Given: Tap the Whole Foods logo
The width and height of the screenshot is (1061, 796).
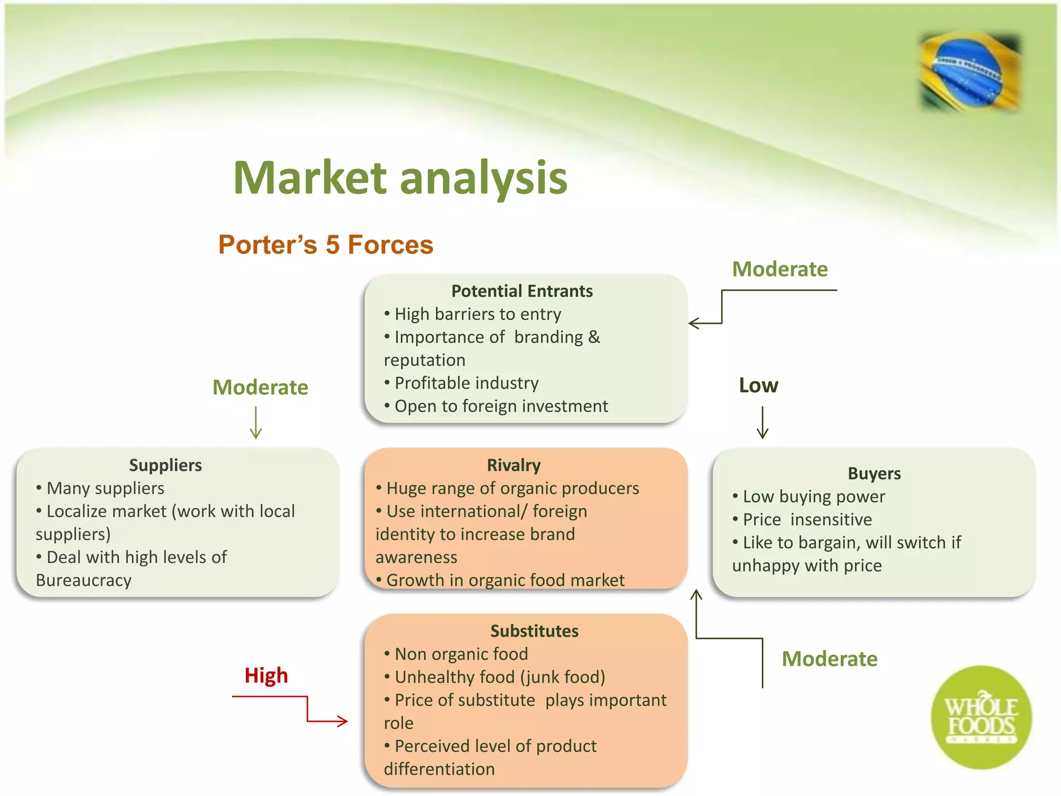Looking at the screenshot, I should click(981, 718).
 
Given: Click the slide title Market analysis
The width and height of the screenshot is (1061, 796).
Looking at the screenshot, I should click(400, 178).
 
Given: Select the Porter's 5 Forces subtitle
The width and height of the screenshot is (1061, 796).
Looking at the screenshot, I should click(325, 245).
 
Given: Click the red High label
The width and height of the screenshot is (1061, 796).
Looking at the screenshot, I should click(266, 675).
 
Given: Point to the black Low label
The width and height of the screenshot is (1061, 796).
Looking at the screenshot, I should click(758, 386).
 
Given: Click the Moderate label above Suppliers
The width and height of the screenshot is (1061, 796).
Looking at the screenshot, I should click(260, 387).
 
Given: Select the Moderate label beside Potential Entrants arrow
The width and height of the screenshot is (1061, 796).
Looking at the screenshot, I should click(780, 269).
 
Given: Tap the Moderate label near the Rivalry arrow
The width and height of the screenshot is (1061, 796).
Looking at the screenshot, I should click(829, 659).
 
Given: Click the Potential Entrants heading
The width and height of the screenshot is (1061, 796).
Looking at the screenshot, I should click(522, 291).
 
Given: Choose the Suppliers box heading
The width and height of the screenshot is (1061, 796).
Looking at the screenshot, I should click(165, 465).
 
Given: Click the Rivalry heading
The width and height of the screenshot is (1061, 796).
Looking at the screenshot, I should click(513, 465).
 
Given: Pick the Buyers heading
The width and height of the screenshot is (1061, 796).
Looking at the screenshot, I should click(874, 473).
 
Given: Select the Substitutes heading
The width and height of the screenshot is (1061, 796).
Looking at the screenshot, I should click(534, 631).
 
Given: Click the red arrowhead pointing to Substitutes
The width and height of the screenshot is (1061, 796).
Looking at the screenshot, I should click(342, 721).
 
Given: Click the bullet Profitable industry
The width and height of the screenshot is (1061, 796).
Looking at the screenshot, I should click(466, 383).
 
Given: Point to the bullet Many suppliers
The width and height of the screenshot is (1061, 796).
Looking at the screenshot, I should click(105, 488).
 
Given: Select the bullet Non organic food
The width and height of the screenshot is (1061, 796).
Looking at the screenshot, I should click(461, 654).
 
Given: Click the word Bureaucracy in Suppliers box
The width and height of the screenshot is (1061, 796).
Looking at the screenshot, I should click(83, 580).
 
